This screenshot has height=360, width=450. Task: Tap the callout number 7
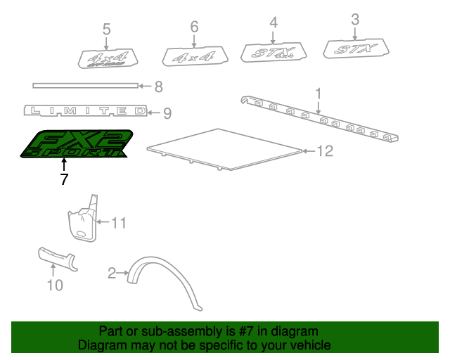point(64,179)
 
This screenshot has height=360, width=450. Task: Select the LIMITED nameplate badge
point(85,111)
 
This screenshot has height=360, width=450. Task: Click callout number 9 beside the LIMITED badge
point(167,113)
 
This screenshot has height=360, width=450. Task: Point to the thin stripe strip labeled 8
point(84,86)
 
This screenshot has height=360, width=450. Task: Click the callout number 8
point(158,87)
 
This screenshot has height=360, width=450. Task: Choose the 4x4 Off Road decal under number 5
point(106,60)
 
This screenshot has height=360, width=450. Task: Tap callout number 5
point(106,30)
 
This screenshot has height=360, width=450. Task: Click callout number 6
point(194,27)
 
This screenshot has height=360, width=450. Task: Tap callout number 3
point(355,19)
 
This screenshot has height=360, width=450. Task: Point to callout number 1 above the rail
point(318,93)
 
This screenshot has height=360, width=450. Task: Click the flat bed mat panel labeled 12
point(224,148)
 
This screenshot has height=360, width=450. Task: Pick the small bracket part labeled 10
point(56,258)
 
